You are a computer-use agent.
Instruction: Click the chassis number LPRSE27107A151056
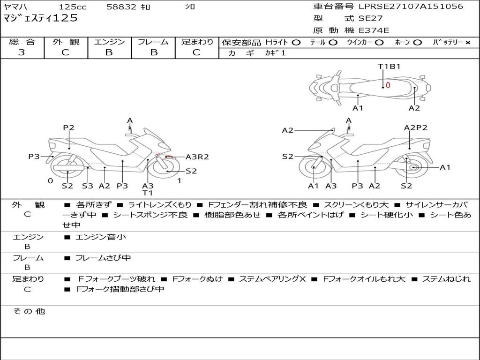(411, 7)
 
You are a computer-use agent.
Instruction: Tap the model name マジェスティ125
(40, 18)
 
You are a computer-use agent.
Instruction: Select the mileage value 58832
(121, 7)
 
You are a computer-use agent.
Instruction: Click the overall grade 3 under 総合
(22, 52)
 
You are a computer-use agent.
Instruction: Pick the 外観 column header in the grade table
(66, 42)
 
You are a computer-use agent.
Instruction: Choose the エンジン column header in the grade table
(109, 42)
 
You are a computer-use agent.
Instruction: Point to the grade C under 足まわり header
(196, 52)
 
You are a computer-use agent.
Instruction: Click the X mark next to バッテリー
(467, 42)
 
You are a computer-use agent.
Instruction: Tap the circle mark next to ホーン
(417, 42)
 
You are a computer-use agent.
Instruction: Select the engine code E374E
(374, 30)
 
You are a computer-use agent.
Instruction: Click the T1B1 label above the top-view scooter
(389, 66)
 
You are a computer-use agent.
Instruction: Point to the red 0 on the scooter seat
(388, 85)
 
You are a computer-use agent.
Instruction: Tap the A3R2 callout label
(197, 157)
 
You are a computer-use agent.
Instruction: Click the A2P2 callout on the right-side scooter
(415, 127)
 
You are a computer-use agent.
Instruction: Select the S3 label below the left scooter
(87, 186)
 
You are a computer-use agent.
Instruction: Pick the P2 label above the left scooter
(69, 127)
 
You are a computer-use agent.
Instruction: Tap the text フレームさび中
(103, 258)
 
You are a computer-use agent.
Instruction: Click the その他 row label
(29, 311)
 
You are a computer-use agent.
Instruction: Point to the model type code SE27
(370, 19)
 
